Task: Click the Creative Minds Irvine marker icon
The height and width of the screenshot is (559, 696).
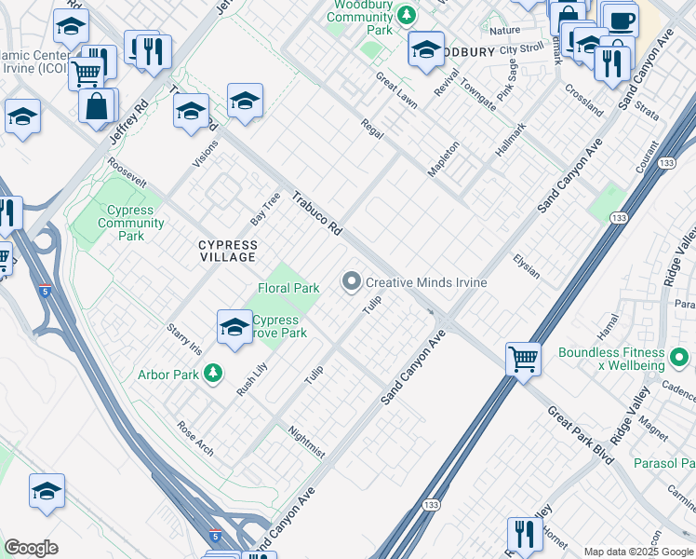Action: coord(352,281)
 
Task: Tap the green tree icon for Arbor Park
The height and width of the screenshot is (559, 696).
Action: coord(214,374)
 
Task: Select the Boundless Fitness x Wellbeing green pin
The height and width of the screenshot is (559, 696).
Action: coord(679,357)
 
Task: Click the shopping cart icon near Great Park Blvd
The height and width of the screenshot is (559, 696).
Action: coord(524,358)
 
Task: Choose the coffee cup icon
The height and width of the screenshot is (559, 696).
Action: coord(620,20)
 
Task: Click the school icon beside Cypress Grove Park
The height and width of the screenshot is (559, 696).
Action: coord(234,327)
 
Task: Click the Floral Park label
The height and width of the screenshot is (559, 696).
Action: coord(288,289)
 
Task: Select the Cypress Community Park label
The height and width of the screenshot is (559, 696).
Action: coord(131,223)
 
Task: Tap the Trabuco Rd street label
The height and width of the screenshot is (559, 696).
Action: coord(316,213)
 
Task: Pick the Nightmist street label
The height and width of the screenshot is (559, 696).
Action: coord(306,442)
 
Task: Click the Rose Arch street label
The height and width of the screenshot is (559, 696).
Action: coord(195,438)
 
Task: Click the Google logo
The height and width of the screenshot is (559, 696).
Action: coord(31,547)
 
